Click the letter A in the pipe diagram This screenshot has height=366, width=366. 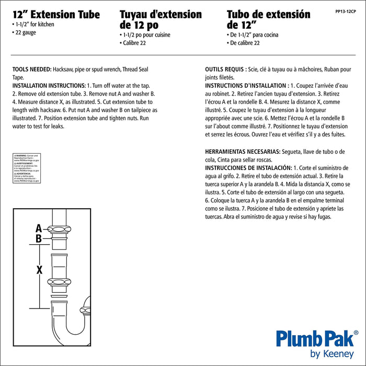pos(39,228)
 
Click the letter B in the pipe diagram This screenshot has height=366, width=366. pos(39,239)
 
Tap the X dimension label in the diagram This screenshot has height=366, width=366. pos(39,270)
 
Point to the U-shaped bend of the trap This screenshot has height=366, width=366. pos(68,335)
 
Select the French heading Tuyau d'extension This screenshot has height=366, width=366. pos(161,14)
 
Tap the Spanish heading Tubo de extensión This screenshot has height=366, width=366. pos(268,14)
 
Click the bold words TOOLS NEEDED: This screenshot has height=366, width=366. pos(32,69)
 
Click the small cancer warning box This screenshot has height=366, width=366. pos(26,168)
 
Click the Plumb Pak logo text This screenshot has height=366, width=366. pos(316,336)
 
